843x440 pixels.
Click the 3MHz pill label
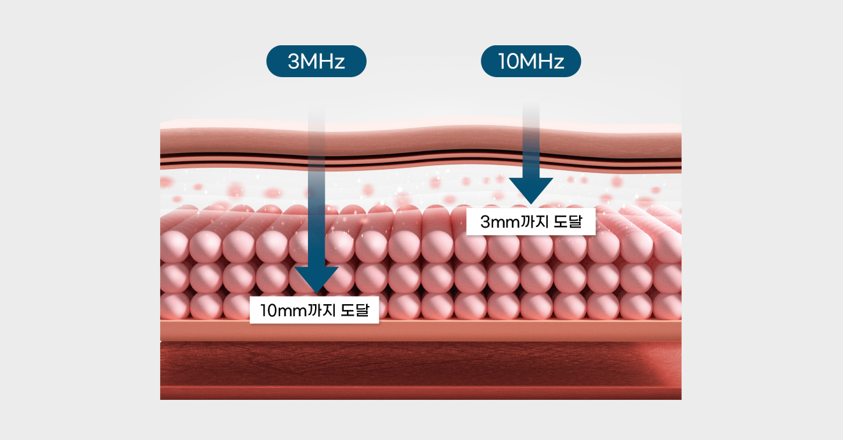click(x=316, y=62)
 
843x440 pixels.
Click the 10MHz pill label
click(x=531, y=62)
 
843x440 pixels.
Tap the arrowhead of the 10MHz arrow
click(x=531, y=191)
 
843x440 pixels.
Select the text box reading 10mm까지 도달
click(x=314, y=311)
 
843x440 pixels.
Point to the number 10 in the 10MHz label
click(x=509, y=62)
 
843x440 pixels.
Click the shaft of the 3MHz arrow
click(x=316, y=191)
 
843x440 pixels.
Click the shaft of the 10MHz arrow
click(x=531, y=140)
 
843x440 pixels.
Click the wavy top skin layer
click(x=421, y=140)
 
